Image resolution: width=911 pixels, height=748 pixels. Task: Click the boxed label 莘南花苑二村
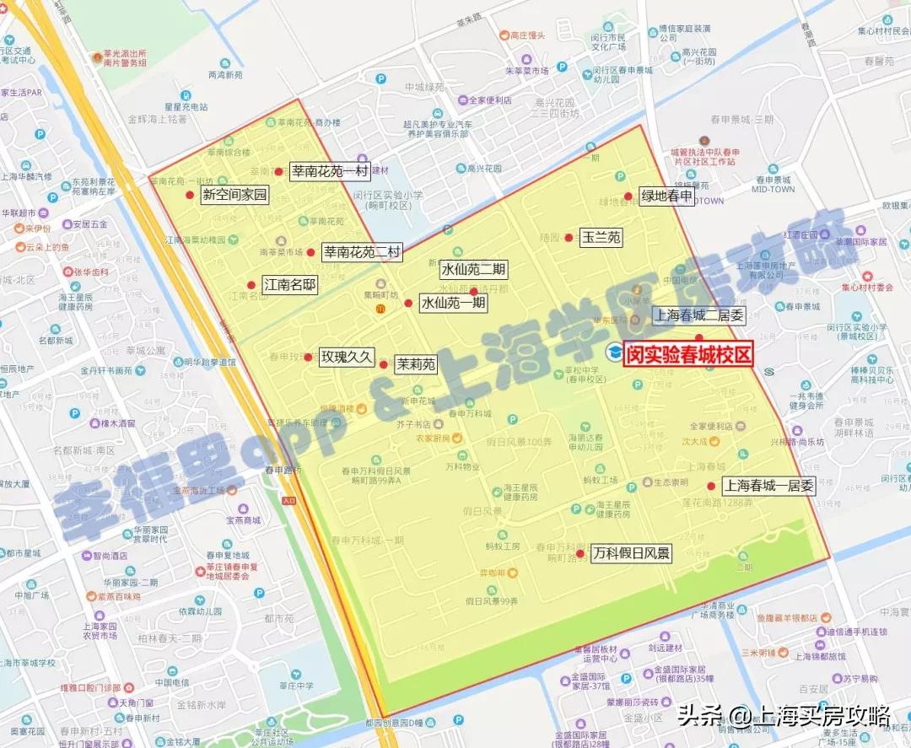363,251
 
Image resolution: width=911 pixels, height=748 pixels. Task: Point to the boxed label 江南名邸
290,285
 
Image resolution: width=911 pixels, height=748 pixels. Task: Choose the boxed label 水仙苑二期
474,270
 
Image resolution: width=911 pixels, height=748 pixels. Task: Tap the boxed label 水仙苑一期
453,302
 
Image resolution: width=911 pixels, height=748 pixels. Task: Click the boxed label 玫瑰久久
346,357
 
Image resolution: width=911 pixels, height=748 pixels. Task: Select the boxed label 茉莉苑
416,364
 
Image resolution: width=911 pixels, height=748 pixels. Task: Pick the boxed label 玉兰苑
601,238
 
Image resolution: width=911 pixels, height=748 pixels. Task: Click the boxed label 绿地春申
666,196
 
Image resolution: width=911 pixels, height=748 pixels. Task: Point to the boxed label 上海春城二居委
699,316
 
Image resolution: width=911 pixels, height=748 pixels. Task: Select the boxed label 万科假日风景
631,554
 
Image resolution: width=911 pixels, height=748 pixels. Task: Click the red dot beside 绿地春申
628,196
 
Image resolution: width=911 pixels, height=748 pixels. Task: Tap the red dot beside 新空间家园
190,195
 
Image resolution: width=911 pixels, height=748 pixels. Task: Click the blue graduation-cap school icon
613,352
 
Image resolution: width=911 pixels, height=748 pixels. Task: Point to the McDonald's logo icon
380,309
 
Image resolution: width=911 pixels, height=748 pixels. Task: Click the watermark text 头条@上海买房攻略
784,717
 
